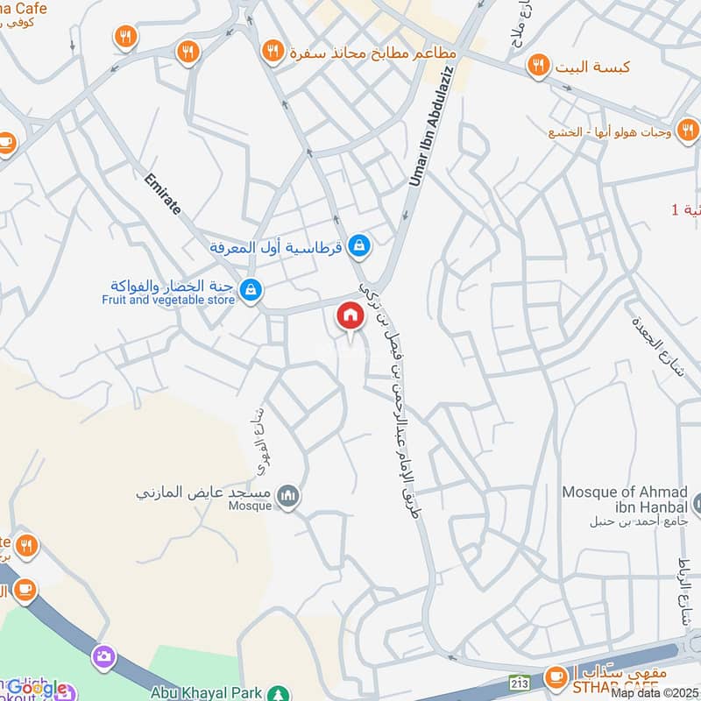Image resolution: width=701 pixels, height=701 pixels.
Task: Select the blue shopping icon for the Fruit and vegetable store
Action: pos(251,288)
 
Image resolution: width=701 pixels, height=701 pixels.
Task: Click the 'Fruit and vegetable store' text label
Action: pos(167,300)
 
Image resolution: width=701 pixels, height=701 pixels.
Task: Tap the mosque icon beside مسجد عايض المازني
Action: pos(287,497)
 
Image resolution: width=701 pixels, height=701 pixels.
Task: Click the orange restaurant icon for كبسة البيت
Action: pos(538,65)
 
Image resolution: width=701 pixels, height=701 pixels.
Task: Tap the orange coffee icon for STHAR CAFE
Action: pos(555,676)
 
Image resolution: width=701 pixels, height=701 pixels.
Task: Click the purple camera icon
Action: pos(103,655)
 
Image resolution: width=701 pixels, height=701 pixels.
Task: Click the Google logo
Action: pos(35,689)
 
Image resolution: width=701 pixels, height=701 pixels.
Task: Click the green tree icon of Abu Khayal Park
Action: pos(279,692)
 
